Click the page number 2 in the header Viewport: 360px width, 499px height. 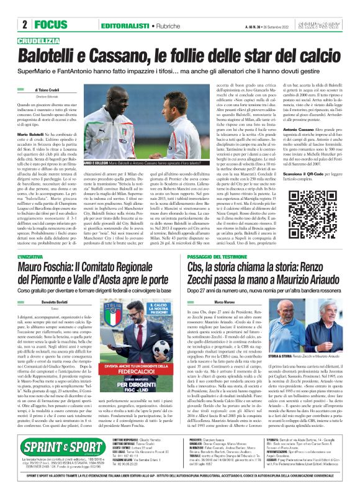click(x=24, y=25)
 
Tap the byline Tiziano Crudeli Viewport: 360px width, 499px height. click(x=53, y=90)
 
